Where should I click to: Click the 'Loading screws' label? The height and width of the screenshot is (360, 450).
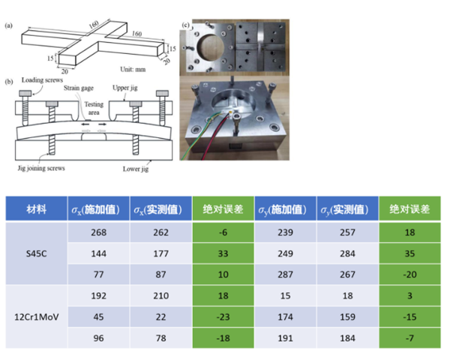tap(42, 79)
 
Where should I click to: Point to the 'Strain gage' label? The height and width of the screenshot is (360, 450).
tap(79, 88)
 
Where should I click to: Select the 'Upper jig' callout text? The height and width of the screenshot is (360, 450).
tap(124, 88)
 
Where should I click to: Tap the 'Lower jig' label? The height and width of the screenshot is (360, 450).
tap(136, 169)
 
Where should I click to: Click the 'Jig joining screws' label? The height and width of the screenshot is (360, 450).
tap(41, 168)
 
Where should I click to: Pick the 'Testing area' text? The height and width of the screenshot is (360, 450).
tap(94, 108)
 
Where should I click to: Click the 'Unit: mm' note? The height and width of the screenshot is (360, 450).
tap(133, 70)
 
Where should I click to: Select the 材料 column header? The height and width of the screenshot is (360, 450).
tap(37, 208)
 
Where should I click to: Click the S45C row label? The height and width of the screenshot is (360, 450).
tap(37, 253)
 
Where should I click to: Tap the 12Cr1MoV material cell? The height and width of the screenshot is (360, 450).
tap(37, 317)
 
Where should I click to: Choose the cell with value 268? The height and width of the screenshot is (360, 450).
tap(99, 232)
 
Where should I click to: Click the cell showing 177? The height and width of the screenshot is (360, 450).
tap(160, 253)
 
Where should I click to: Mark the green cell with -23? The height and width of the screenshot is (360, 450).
tap(223, 317)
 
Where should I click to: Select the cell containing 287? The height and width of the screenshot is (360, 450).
tap(285, 274)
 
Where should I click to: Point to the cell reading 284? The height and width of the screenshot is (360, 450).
tap(347, 253)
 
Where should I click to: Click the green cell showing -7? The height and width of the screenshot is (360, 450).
tap(409, 338)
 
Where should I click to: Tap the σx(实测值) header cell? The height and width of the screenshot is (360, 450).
tap(160, 208)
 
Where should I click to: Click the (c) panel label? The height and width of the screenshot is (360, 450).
tap(186, 25)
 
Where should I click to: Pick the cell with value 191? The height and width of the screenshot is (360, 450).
tap(285, 338)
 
